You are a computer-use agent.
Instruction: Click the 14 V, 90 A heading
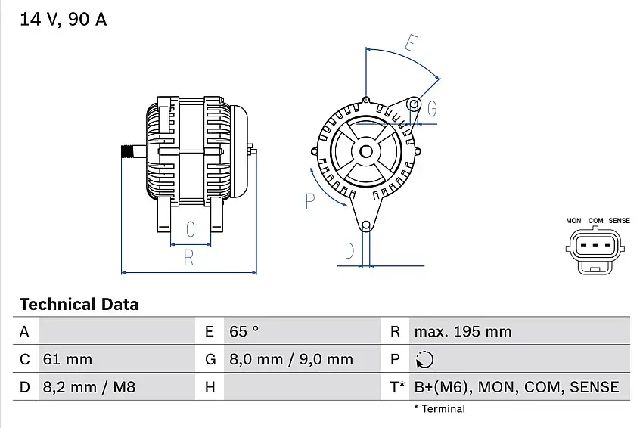pyautogui.click(x=63, y=19)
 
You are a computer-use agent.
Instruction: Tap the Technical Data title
pyautogui.click(x=79, y=304)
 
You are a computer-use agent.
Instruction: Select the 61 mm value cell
pyautogui.click(x=67, y=359)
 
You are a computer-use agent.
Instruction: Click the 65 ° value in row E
pyautogui.click(x=244, y=331)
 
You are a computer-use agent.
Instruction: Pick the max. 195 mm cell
pyautogui.click(x=463, y=331)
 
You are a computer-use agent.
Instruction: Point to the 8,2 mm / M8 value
pyautogui.click(x=89, y=387)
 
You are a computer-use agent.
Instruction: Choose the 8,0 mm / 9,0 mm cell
pyautogui.click(x=291, y=359)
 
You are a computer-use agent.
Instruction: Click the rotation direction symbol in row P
pyautogui.click(x=424, y=359)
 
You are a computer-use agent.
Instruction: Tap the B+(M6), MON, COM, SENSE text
pyautogui.click(x=517, y=387)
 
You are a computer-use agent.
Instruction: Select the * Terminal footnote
pyautogui.click(x=440, y=409)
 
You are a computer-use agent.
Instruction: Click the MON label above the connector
pyautogui.click(x=573, y=221)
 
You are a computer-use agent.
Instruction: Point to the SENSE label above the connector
pyautogui.click(x=620, y=221)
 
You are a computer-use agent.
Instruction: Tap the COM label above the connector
pyautogui.click(x=595, y=221)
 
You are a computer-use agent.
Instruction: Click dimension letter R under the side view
pyautogui.click(x=188, y=257)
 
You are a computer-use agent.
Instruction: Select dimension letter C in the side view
pyautogui.click(x=191, y=229)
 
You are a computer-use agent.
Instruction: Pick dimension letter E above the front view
pyautogui.click(x=412, y=43)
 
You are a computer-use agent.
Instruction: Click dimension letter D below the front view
pyautogui.click(x=349, y=251)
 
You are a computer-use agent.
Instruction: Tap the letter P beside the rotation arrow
pyautogui.click(x=310, y=201)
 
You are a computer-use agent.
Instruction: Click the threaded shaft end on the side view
pyautogui.click(x=128, y=152)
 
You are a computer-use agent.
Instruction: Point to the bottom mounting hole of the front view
pyautogui.click(x=366, y=225)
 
